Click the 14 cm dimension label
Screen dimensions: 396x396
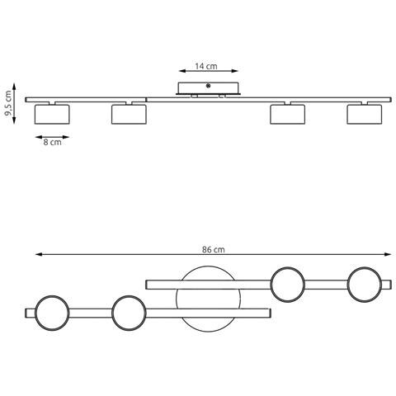point(206,66)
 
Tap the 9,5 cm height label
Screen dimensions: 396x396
point(8,103)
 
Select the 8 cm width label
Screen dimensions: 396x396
point(52,142)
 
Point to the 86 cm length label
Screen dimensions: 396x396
point(214,249)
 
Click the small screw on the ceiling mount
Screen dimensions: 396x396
point(208,86)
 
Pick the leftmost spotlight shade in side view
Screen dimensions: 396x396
point(52,114)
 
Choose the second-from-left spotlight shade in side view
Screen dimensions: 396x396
point(129,114)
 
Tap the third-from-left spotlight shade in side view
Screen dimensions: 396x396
point(287,114)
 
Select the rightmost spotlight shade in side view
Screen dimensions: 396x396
point(365,114)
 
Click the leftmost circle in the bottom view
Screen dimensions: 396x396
point(35,313)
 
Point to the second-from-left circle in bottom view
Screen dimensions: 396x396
point(112,313)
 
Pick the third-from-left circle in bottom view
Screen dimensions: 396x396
point(271,285)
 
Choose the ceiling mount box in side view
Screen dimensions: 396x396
point(208,88)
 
